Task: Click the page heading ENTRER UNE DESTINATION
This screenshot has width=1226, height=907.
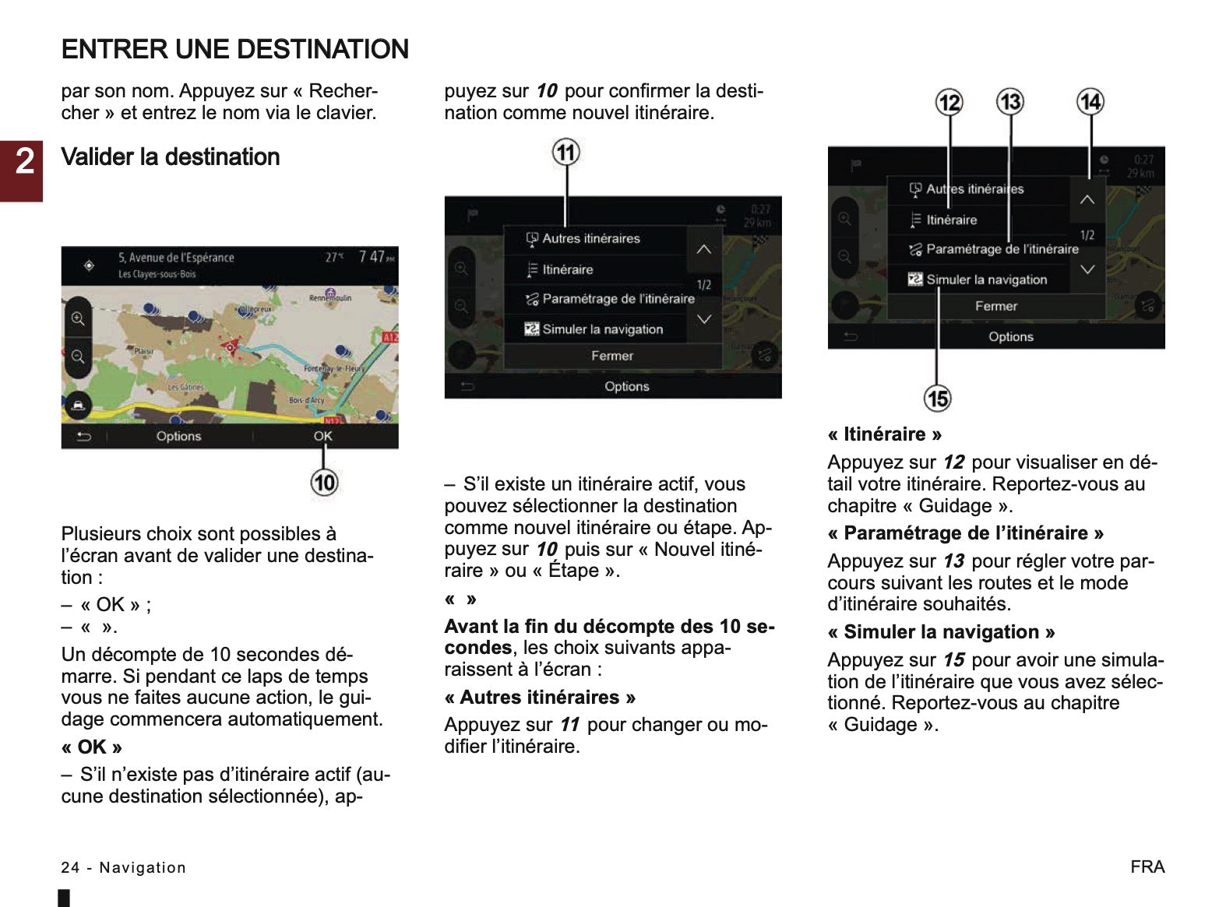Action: click(234, 50)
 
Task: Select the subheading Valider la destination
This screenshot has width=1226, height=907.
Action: click(170, 157)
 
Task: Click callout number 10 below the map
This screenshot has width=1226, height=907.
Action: click(324, 483)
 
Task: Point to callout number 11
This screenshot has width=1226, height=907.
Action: click(566, 152)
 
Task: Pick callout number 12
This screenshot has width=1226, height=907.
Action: click(949, 103)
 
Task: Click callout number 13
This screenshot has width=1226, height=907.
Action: click(1010, 102)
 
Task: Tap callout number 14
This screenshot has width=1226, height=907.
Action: click(1090, 102)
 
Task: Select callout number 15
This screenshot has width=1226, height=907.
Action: click(937, 399)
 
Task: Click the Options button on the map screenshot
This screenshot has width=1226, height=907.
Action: click(178, 436)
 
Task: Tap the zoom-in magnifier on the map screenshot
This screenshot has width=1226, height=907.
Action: click(78, 318)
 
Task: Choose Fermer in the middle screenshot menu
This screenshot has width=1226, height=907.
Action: click(612, 356)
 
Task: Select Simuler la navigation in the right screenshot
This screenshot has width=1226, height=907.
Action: click(986, 279)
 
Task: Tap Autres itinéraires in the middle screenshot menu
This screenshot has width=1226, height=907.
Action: click(590, 239)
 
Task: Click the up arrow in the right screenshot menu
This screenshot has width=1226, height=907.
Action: click(1087, 199)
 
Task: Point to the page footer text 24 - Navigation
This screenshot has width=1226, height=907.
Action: click(124, 867)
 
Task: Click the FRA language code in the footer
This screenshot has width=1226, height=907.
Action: click(1147, 867)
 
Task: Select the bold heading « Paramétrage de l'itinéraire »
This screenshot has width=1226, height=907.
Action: click(966, 533)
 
